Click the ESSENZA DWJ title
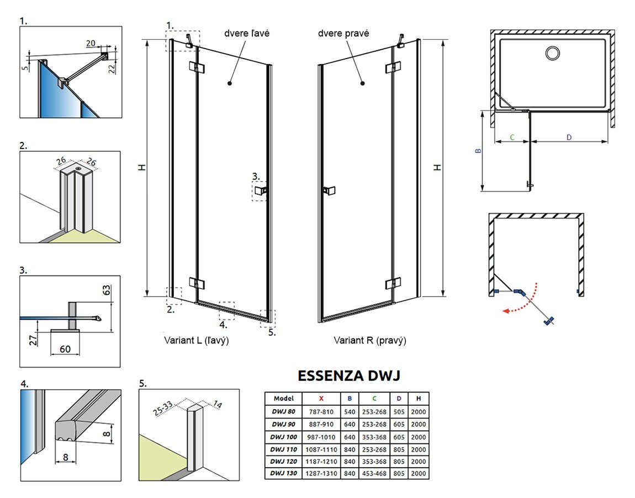pyautogui.click(x=348, y=376)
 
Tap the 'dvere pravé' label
pyautogui.click(x=343, y=33)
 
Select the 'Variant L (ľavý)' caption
pyautogui.click(x=196, y=341)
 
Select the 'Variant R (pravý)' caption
pyautogui.click(x=369, y=341)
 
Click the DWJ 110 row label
pyautogui.click(x=283, y=449)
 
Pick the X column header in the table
pyautogui.click(x=321, y=398)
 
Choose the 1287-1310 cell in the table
pyautogui.click(x=321, y=474)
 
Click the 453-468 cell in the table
pyautogui.click(x=375, y=474)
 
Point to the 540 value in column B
pyautogui.click(x=349, y=411)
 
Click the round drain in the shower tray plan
pyautogui.click(x=552, y=53)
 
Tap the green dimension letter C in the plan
pyautogui.click(x=512, y=137)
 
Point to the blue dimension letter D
pyautogui.click(x=569, y=137)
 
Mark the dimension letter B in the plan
pyautogui.click(x=479, y=150)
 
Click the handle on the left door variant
pyautogui.click(x=260, y=191)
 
